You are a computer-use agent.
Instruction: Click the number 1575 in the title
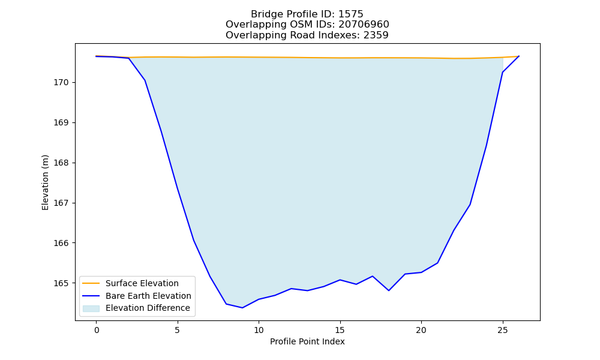pyautogui.click(x=350, y=14)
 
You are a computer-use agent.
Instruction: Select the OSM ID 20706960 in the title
pyautogui.click(x=364, y=25)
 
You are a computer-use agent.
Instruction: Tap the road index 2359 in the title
pyautogui.click(x=376, y=35)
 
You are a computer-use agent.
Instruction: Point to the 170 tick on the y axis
pyautogui.click(x=61, y=83)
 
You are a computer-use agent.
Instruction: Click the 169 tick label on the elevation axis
pyautogui.click(x=61, y=123)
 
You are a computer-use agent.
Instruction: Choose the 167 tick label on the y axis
pyautogui.click(x=61, y=203)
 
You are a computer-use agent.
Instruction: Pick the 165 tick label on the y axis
pyautogui.click(x=61, y=283)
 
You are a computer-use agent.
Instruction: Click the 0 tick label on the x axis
pyautogui.click(x=97, y=330)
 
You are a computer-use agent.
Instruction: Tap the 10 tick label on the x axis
pyautogui.click(x=259, y=330)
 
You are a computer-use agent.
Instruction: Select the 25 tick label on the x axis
pyautogui.click(x=502, y=330)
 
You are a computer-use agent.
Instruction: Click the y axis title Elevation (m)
pyautogui.click(x=45, y=182)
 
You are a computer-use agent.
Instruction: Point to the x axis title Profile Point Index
pyautogui.click(x=307, y=341)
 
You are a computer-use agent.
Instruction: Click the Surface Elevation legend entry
pyautogui.click(x=142, y=283)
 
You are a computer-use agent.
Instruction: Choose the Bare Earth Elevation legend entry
pyautogui.click(x=148, y=296)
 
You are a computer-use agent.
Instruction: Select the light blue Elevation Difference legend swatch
pyautogui.click(x=91, y=308)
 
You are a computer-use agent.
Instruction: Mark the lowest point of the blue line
pyautogui.click(x=242, y=308)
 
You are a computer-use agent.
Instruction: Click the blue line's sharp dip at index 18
pyautogui.click(x=389, y=290)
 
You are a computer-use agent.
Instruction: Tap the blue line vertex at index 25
pyautogui.click(x=502, y=73)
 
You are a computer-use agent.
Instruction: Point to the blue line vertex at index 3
pyautogui.click(x=145, y=80)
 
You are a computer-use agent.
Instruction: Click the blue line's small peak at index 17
pyautogui.click(x=373, y=276)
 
